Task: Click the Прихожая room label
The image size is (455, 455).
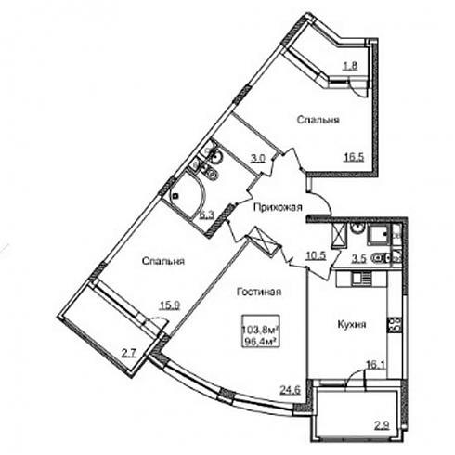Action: click(x=278, y=207)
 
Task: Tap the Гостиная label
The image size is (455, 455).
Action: click(x=259, y=292)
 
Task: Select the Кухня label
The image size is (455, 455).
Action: click(x=352, y=324)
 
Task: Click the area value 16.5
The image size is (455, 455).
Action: click(x=355, y=157)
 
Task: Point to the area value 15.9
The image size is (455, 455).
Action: click(x=170, y=305)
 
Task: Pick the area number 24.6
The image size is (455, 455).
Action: click(x=291, y=390)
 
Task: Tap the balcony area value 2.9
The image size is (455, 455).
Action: click(x=382, y=426)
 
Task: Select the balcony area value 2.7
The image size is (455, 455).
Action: click(x=128, y=353)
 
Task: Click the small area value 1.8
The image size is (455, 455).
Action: click(x=350, y=66)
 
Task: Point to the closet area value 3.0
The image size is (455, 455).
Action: click(x=258, y=159)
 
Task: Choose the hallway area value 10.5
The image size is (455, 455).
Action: click(x=316, y=255)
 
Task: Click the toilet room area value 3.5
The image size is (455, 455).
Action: click(x=359, y=259)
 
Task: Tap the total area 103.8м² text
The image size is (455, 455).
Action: click(x=261, y=330)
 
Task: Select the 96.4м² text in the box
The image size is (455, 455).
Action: click(x=261, y=342)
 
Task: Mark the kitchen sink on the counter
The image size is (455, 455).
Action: click(x=361, y=279)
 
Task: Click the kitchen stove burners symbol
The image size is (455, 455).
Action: click(x=394, y=325)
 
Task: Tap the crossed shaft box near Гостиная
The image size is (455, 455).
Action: click(x=263, y=241)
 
